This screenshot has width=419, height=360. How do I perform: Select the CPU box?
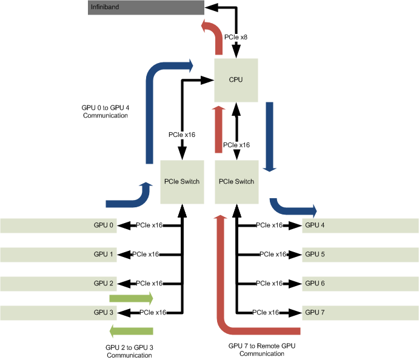click(236, 79)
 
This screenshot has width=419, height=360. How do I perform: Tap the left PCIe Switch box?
click(182, 182)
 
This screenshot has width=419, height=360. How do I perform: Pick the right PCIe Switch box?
click(236, 182)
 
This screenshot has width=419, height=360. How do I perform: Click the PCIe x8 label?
click(235, 38)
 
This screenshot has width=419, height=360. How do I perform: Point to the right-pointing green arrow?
click(131, 298)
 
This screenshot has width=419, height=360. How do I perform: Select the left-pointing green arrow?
click(131, 330)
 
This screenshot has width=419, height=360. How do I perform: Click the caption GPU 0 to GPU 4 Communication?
click(106, 111)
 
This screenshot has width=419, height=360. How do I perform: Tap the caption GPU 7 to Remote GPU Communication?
click(262, 348)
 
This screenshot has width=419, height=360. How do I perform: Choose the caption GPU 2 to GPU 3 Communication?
click(129, 351)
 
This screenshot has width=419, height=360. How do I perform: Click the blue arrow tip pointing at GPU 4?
click(313, 211)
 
